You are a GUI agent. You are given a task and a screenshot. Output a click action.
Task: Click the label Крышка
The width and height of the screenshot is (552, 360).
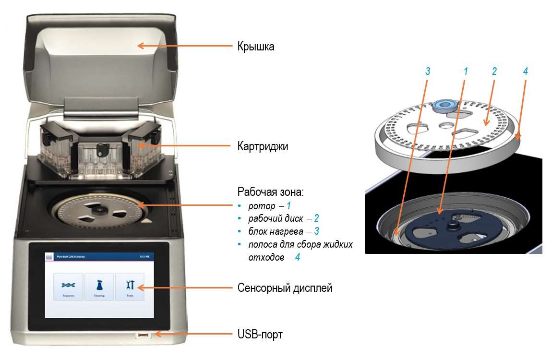click(x=256, y=47)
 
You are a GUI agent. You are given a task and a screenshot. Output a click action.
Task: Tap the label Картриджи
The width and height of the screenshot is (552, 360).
click(x=263, y=146)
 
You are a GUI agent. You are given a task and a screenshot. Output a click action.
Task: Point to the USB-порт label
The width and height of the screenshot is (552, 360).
click(x=260, y=334)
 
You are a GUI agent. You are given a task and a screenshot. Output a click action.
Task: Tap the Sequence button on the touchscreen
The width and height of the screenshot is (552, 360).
click(x=68, y=287)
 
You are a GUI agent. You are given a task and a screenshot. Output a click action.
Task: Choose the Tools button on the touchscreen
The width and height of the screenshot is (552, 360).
click(x=129, y=287)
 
